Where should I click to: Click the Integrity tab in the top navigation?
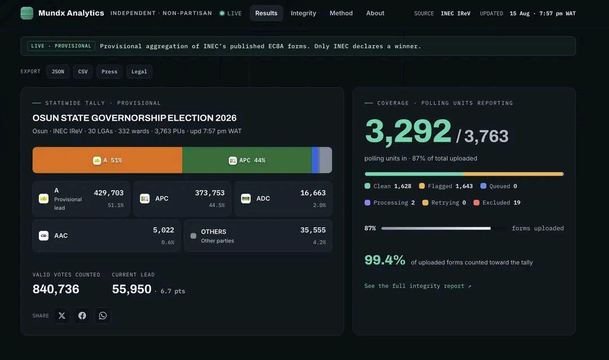coord(303,13)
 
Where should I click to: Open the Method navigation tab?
coord(341,13)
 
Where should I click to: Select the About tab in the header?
coord(375,13)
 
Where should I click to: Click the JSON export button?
coord(58,72)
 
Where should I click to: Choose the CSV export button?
coord(83,72)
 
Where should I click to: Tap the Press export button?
coord(109,72)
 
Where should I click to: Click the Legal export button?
coord(139,72)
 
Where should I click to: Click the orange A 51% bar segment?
coord(107,160)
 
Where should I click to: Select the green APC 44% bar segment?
coord(247,160)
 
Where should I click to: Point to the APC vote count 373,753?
coord(210,193)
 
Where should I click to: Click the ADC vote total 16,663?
coord(313,193)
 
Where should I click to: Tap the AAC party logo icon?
coord(43,236)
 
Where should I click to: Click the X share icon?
coord(62,315)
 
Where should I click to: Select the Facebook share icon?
coord(82,315)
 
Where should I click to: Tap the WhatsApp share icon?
coord(103,315)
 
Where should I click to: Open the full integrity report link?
coord(417,286)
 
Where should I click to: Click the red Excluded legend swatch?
coord(476,203)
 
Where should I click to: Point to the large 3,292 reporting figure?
coord(408,131)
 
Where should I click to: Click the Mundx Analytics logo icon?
coord(27,13)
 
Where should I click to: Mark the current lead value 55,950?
coord(131,289)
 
